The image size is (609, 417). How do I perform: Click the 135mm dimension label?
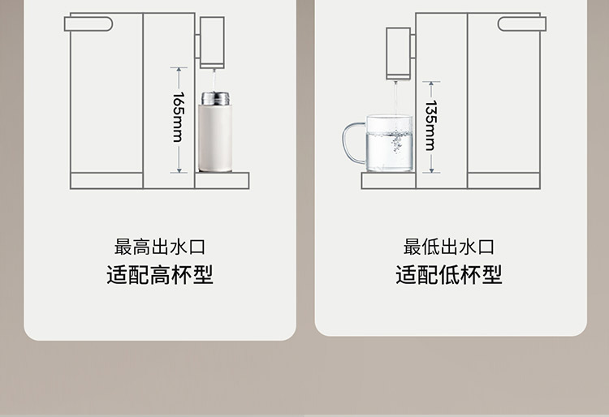(431, 125)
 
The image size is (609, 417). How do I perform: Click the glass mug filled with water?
(389, 144)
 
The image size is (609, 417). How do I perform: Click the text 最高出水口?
(159, 247)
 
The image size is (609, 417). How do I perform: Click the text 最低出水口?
(449, 247)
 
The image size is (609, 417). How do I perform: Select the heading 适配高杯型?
(159, 274)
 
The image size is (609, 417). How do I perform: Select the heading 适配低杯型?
(449, 274)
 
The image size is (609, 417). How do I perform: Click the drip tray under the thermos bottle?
(222, 180)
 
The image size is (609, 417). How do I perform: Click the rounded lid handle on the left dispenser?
(88, 24)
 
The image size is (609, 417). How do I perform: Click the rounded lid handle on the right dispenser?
(522, 24)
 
